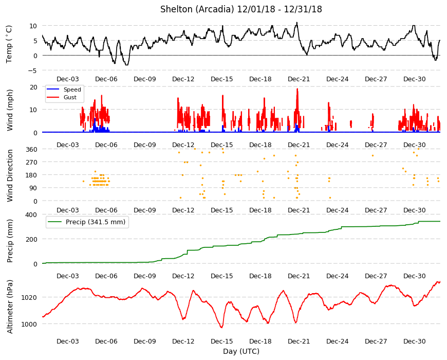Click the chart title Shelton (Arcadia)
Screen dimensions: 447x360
[197, 9]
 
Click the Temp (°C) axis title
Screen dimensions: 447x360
[9, 44]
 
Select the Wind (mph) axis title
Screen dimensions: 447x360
[10, 110]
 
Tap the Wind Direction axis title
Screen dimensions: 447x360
[10, 175]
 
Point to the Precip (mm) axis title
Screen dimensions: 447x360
[10, 241]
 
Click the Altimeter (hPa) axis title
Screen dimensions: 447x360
[10, 307]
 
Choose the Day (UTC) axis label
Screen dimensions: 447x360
[241, 351]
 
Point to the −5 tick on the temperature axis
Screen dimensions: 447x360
[32, 70]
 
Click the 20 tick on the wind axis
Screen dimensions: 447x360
[33, 87]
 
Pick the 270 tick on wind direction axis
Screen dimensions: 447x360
[31, 162]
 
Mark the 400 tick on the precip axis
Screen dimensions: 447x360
[31, 214]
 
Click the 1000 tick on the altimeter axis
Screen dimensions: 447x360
[29, 324]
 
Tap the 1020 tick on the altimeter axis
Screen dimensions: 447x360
[29, 298]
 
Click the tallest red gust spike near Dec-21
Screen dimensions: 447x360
[297, 89]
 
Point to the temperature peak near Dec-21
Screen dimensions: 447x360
[297, 23]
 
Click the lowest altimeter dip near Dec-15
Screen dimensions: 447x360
[221, 328]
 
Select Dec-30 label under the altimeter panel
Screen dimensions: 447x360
[414, 341]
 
